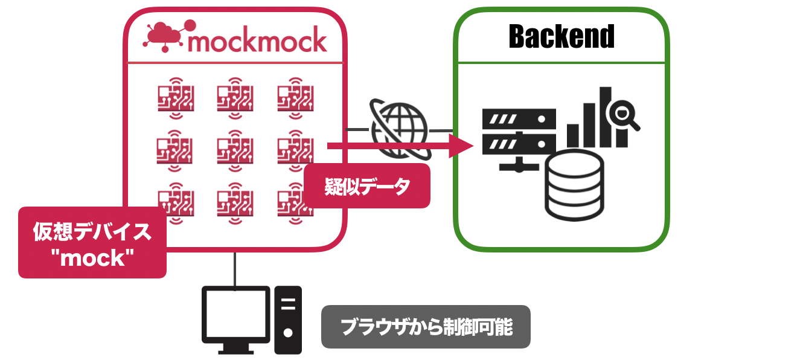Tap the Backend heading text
(561, 37)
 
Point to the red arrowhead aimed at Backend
(462, 146)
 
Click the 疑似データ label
(367, 186)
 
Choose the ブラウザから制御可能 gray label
(426, 327)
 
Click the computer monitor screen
(235, 314)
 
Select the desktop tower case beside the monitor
(288, 319)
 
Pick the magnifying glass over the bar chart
(622, 113)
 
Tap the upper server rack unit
(519, 118)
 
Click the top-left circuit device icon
(175, 97)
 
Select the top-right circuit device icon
(295, 97)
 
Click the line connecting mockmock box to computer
(235, 269)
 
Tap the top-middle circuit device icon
(235, 97)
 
